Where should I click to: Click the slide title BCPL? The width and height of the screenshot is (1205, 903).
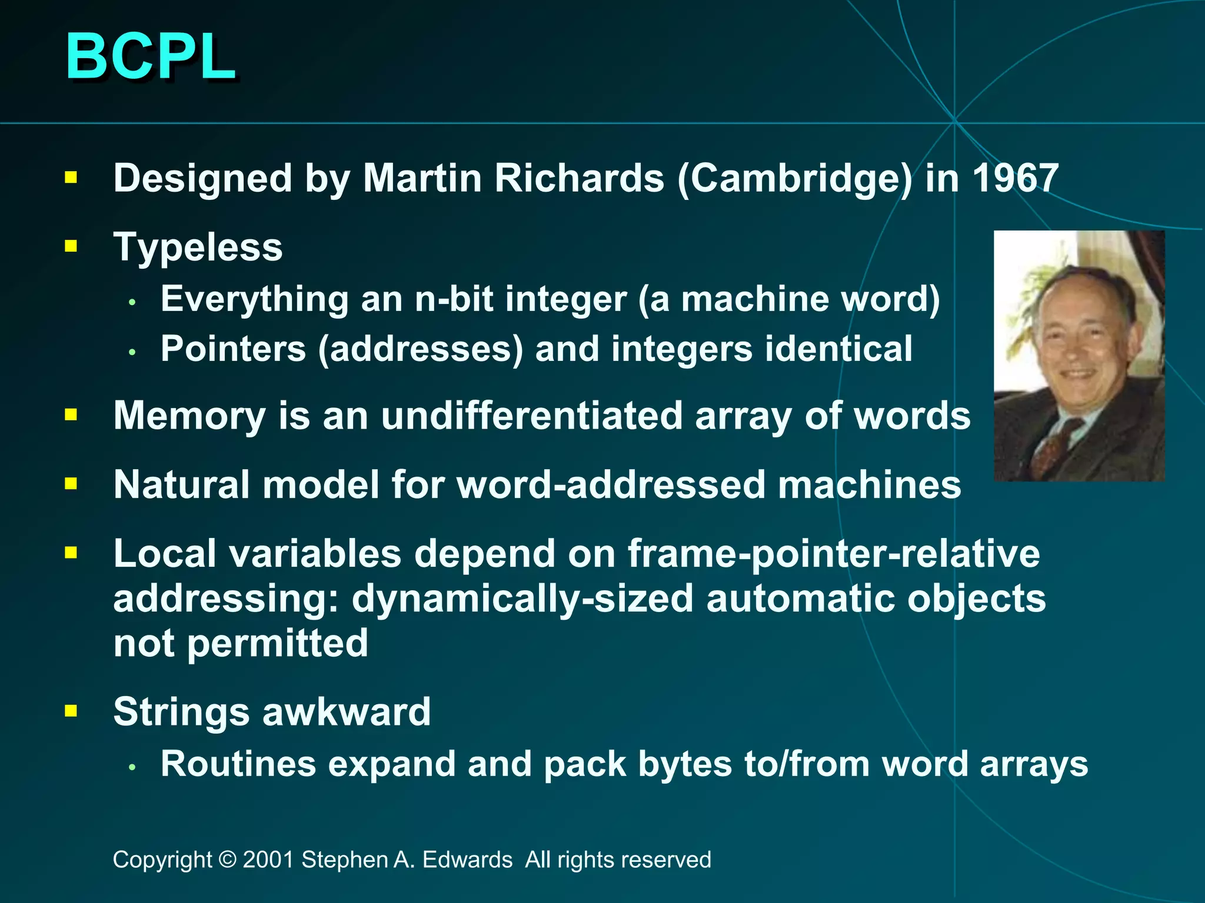coord(151,56)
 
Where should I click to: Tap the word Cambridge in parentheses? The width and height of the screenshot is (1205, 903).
coord(794,178)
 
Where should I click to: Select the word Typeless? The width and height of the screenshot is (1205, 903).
coord(198,247)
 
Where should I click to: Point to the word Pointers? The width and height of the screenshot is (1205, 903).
coord(233,349)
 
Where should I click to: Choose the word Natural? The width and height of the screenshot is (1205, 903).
coord(182,485)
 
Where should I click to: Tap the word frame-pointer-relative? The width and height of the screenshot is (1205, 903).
coord(834,554)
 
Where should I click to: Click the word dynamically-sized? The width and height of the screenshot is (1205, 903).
coord(522,598)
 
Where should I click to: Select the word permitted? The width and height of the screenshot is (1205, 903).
coord(278,643)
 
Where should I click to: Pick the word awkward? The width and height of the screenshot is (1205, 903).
coord(347,712)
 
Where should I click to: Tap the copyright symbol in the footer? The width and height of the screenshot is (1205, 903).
coord(227,859)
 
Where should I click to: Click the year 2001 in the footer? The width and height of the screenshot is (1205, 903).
coord(268,859)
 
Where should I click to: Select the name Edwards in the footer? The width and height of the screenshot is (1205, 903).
coord(467,859)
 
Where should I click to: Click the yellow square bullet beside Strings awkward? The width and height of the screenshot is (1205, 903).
coord(71,711)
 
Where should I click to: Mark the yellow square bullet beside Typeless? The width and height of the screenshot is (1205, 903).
coord(71,246)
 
